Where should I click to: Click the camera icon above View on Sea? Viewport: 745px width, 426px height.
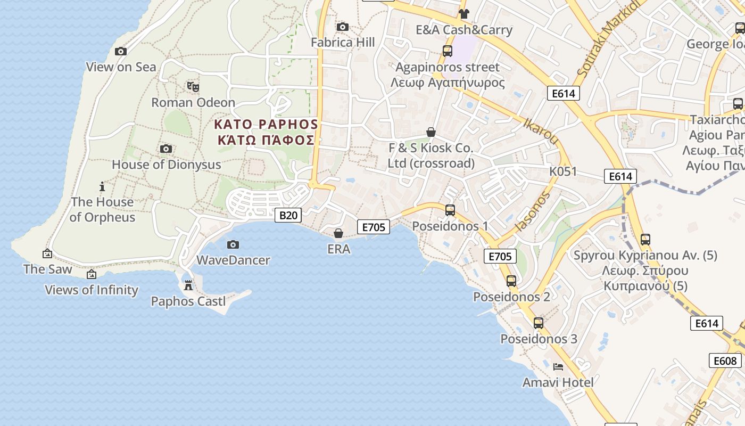pyautogui.click(x=121, y=52)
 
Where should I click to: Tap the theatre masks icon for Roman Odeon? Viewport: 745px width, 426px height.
pyautogui.click(x=193, y=86)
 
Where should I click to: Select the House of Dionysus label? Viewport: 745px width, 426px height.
pyautogui.click(x=166, y=165)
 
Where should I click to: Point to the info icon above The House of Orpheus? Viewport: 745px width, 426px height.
pyautogui.click(x=102, y=186)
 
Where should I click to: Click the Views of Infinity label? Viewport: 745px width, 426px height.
pyautogui.click(x=92, y=290)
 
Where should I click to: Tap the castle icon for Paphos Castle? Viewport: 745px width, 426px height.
pyautogui.click(x=188, y=285)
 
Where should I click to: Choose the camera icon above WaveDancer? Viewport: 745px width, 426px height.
pyautogui.click(x=233, y=245)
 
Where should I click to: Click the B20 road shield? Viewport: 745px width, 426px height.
pyautogui.click(x=288, y=215)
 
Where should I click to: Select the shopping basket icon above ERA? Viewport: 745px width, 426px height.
pyautogui.click(x=338, y=233)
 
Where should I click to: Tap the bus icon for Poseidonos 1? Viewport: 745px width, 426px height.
pyautogui.click(x=450, y=210)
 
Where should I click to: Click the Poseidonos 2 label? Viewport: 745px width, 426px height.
pyautogui.click(x=511, y=297)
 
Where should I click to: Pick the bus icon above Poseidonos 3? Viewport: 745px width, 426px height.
pyautogui.click(x=539, y=323)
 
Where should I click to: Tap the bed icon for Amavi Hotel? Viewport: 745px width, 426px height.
pyautogui.click(x=558, y=366)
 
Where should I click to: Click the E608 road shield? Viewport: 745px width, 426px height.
pyautogui.click(x=725, y=361)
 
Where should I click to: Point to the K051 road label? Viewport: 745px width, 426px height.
pyautogui.click(x=563, y=171)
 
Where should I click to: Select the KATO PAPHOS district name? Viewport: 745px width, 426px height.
pyautogui.click(x=266, y=125)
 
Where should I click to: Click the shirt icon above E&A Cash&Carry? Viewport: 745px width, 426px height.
pyautogui.click(x=464, y=14)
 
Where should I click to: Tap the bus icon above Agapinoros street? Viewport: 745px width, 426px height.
pyautogui.click(x=448, y=51)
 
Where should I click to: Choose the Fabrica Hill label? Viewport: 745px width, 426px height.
pyautogui.click(x=343, y=43)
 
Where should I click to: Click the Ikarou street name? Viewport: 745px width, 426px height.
pyautogui.click(x=541, y=131)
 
